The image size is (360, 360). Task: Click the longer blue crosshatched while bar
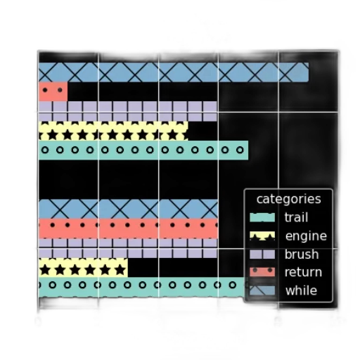174,72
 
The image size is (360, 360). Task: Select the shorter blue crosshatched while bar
128,209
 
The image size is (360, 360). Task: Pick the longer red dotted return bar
128,229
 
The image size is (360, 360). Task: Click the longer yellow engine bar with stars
113,131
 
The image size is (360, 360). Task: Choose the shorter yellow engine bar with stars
83,267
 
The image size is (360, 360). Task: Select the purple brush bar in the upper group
128,111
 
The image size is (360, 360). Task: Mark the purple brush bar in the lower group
128,248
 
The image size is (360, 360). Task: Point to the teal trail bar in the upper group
143,150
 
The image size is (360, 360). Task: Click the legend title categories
288,199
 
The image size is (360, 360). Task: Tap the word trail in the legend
296,217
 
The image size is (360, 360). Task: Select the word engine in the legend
306,236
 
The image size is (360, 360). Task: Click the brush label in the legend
302,254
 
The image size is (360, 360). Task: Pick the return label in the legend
303,272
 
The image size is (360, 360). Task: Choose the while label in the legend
301,290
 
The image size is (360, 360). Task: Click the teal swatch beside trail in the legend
262,217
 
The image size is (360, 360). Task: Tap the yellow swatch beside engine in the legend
262,236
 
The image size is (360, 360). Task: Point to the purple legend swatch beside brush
262,254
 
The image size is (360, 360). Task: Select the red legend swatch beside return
262,272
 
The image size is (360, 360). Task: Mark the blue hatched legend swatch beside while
262,290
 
